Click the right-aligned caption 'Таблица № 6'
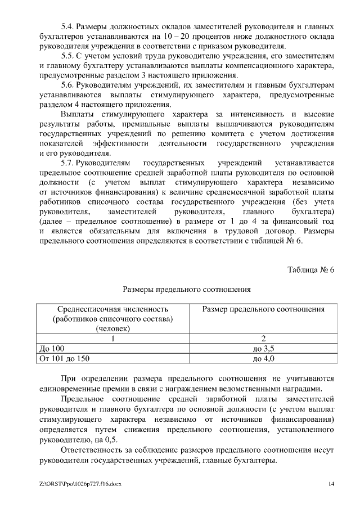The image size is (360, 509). [310, 269]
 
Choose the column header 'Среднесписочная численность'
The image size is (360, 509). [112, 309]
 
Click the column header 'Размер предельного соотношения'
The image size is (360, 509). [263, 309]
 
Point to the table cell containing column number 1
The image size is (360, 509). [112, 339]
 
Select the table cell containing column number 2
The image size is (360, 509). [263, 339]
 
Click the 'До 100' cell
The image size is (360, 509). [50, 348]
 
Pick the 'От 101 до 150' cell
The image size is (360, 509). [63, 358]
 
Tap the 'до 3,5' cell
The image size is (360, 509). [263, 348]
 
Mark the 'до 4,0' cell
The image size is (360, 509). [263, 358]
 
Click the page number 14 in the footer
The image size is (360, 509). [331, 484]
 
